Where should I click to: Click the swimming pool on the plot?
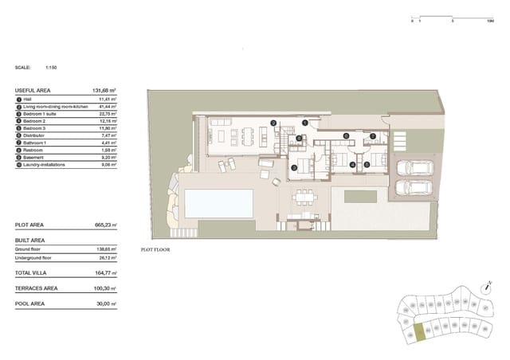tap(218, 203)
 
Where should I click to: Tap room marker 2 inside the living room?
tap(273, 123)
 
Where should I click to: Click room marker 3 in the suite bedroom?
tap(293, 167)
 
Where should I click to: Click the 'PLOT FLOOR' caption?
tap(155, 249)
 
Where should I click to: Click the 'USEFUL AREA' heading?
tap(30, 92)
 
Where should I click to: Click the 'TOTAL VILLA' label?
tap(32, 275)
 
